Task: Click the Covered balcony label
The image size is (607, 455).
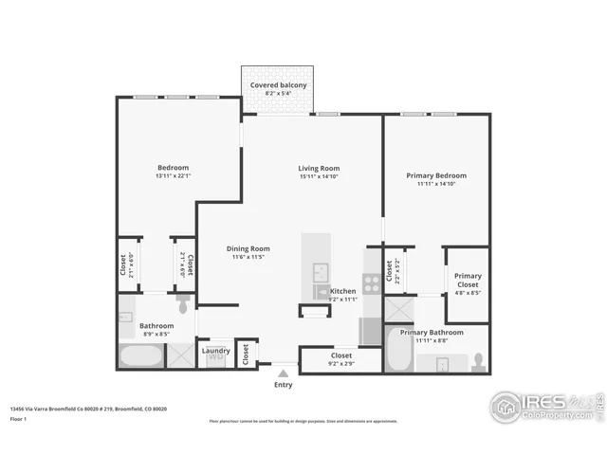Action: click(278, 85)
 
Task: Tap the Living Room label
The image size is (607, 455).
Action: click(319, 169)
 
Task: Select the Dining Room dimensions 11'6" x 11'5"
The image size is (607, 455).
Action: click(248, 257)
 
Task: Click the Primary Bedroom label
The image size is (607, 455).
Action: click(436, 175)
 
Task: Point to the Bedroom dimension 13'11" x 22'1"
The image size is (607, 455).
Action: click(173, 175)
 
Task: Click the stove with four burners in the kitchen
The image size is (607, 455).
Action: click(371, 282)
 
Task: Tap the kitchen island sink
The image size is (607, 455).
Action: click(321, 269)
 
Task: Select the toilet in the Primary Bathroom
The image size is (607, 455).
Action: click(478, 362)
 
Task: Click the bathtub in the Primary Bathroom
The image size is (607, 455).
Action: click(399, 352)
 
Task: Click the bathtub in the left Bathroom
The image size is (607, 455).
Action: click(139, 356)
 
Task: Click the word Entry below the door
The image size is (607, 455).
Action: click(283, 385)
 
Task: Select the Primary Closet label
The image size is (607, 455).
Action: click(468, 280)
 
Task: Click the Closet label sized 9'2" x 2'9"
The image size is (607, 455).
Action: click(341, 356)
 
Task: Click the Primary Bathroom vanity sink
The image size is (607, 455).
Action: click(440, 362)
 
